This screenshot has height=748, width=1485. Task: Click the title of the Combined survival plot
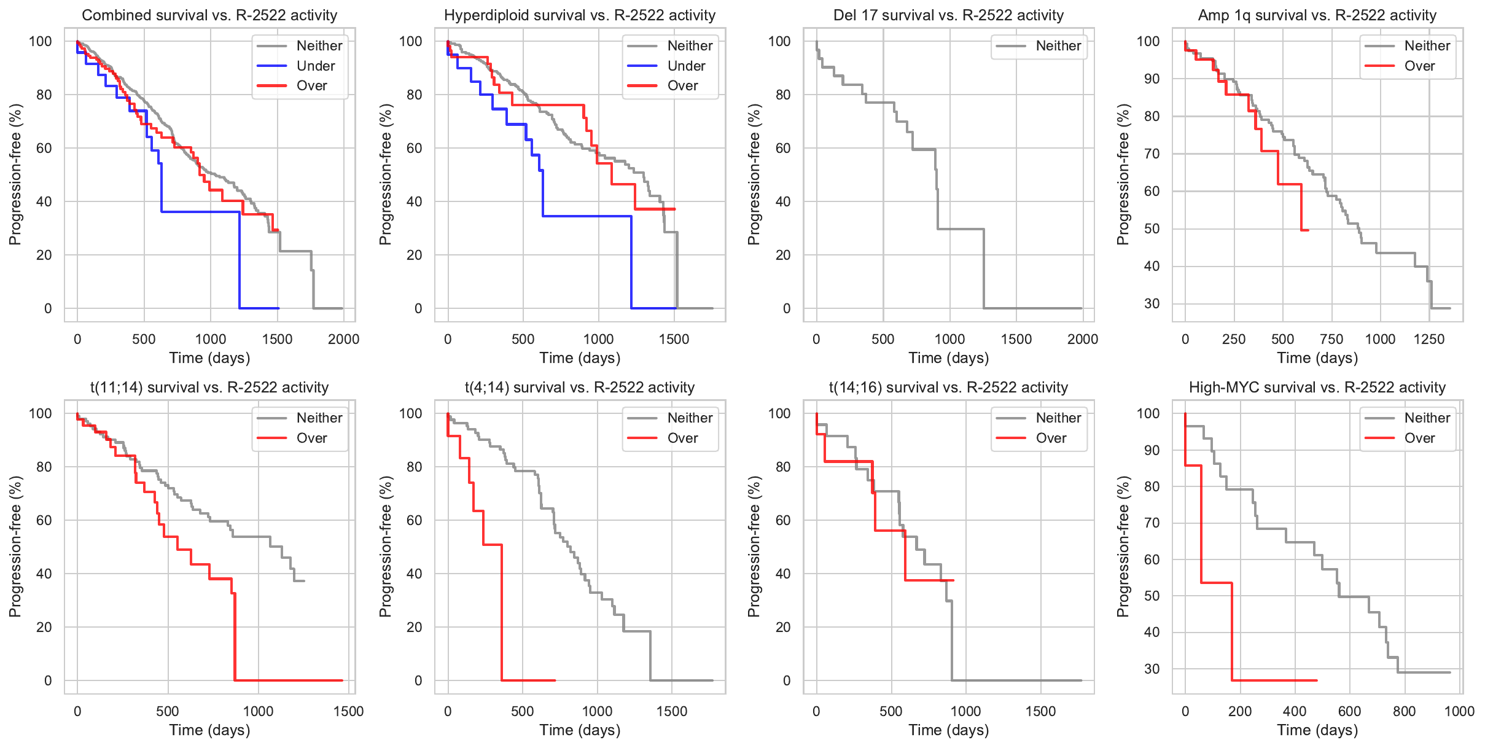[209, 15]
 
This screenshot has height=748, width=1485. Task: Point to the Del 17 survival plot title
[948, 15]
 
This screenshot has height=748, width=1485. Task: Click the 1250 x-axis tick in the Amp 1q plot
[1429, 340]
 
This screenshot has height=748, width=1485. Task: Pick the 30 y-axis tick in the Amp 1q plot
[1152, 304]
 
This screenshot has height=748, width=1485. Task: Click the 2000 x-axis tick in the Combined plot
[343, 340]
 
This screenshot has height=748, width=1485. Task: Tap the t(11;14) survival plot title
[209, 388]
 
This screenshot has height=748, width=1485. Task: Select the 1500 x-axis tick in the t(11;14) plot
[348, 712]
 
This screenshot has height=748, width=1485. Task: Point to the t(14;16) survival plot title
[948, 388]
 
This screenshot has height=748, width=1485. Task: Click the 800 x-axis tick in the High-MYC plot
[1404, 712]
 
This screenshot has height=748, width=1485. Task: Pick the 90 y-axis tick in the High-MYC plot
[1152, 450]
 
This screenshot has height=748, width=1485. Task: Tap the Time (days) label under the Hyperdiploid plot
[580, 358]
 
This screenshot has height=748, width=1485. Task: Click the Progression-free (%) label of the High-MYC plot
[1123, 547]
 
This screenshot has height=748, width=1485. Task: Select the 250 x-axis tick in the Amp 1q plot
[1234, 340]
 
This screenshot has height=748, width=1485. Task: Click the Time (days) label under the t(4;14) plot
[580, 730]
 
